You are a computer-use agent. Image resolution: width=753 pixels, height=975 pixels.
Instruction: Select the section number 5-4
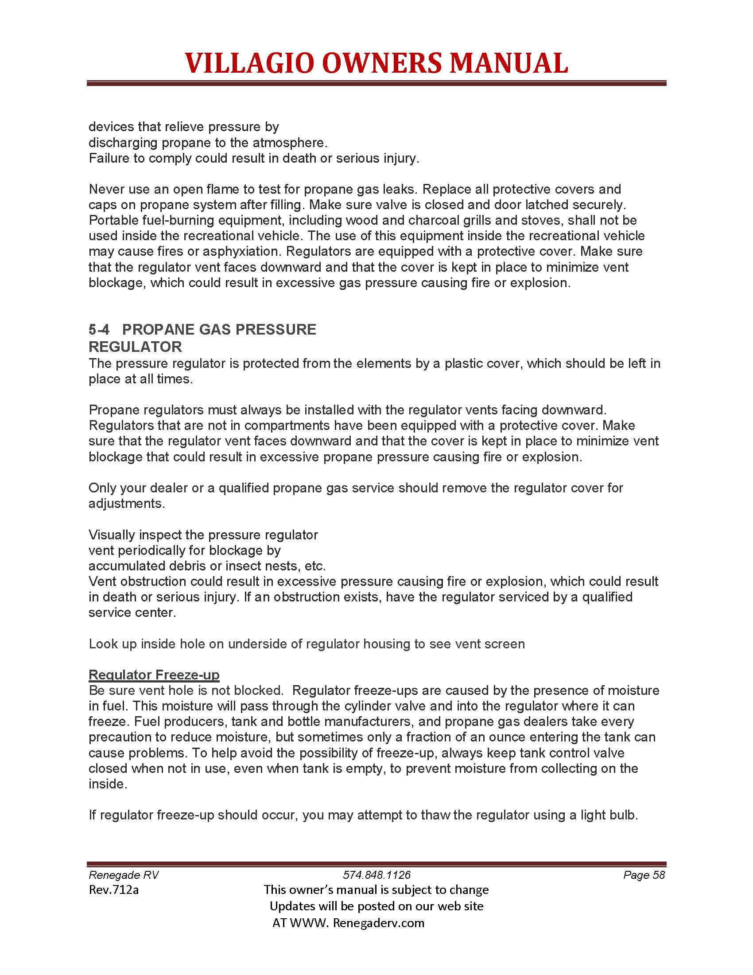tap(99, 329)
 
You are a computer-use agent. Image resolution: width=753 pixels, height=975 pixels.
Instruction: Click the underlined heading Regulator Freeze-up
tap(154, 675)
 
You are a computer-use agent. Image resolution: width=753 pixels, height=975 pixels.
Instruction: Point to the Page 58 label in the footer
tap(644, 874)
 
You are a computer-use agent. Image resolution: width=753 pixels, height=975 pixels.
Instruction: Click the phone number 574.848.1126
tap(376, 874)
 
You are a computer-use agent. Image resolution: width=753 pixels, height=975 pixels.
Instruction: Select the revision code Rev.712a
tap(114, 890)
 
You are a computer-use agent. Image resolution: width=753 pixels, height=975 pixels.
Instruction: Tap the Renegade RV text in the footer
tap(124, 874)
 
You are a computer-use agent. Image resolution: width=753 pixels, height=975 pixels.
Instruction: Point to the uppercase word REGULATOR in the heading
tap(135, 347)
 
